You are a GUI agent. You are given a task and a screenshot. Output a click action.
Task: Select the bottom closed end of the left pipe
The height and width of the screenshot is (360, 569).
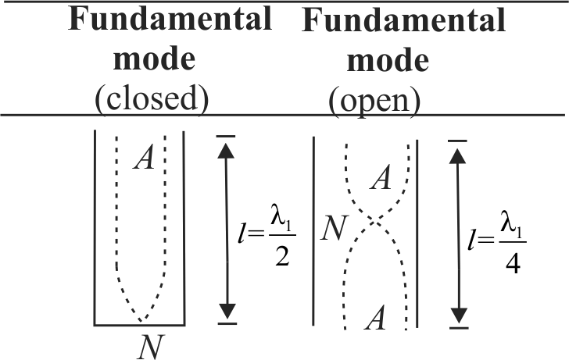(x=139, y=323)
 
